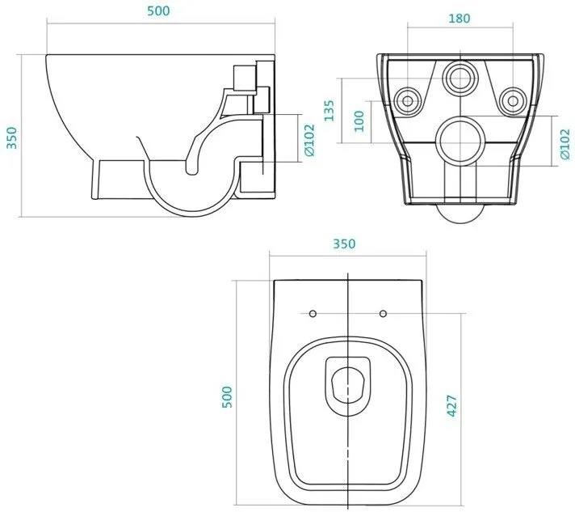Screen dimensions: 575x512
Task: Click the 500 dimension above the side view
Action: point(158,11)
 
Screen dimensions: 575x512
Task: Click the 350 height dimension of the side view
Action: point(12,138)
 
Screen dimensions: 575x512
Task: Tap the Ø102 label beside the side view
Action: point(310,140)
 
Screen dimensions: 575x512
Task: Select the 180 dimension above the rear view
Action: point(460,18)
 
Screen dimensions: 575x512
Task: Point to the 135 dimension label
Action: point(329,110)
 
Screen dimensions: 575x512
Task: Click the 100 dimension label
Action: point(359,121)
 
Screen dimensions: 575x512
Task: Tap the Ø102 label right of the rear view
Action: point(565,144)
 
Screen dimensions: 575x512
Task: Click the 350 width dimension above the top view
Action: point(344,243)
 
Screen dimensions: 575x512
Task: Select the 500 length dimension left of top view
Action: point(228,396)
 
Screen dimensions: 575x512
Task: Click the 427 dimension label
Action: point(451,406)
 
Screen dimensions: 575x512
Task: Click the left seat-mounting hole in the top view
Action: point(313,314)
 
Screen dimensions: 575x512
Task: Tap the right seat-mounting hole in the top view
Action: point(383,314)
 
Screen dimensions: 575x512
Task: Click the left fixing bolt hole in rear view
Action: point(408,100)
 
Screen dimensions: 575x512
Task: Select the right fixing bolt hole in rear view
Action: point(513,100)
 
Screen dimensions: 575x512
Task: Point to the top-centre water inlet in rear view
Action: point(460,78)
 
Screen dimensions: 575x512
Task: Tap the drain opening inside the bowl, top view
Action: point(348,384)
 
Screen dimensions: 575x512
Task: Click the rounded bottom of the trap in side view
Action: point(191,215)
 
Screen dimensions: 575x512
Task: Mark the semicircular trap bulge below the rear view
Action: point(461,218)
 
